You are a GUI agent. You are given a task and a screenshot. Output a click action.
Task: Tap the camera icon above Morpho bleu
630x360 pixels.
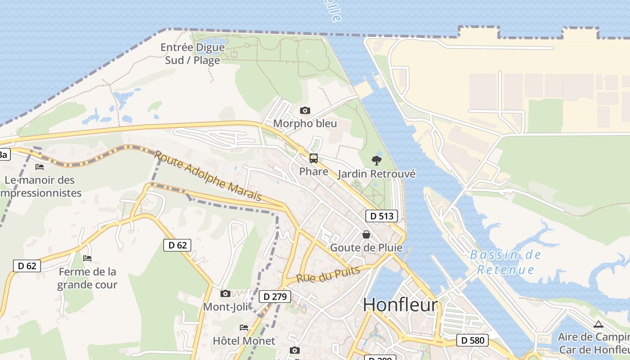coord(305,110)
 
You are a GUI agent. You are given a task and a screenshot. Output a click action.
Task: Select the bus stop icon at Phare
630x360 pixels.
coord(314,158)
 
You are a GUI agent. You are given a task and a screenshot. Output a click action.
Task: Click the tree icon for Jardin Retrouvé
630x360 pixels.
coord(376,160)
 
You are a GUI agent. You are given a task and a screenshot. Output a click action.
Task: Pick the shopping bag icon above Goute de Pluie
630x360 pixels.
coord(366,234)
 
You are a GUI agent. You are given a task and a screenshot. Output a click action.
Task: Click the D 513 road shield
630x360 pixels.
coord(381,216)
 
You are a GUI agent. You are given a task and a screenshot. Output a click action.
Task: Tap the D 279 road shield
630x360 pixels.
coord(275,297)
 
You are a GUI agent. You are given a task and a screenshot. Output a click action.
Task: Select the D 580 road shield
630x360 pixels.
coord(472,340)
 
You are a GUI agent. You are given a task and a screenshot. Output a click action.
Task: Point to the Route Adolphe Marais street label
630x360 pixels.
coord(207,175)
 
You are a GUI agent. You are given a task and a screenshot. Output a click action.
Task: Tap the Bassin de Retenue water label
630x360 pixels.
coord(505,262)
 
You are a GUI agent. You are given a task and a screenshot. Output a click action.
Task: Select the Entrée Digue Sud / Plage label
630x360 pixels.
coord(193,54)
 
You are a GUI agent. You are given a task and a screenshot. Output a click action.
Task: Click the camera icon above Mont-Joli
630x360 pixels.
coord(225,294)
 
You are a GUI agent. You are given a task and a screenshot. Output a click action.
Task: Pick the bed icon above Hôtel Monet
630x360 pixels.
coord(244,328)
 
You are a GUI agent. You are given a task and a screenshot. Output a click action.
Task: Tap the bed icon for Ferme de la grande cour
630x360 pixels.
coord(87,258)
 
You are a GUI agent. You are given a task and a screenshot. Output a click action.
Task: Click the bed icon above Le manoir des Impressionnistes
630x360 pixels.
coord(40,167)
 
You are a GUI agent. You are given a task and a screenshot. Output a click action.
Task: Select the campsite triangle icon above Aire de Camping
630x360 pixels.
coord(598,324)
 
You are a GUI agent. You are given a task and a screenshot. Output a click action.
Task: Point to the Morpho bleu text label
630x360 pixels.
coord(305,124)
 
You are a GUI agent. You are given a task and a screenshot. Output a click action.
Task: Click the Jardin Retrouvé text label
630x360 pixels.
coord(376,174)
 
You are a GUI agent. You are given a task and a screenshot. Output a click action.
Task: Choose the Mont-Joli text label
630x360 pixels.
coord(225,307)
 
